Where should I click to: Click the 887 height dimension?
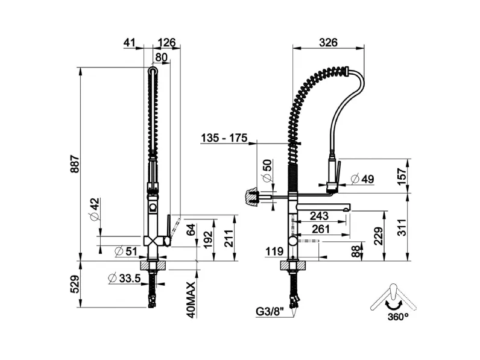(x=75, y=164)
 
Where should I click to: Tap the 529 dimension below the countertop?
(x=75, y=285)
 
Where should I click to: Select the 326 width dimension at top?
(x=328, y=43)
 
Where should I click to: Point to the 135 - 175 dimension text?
(x=224, y=138)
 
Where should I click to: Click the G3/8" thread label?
(x=270, y=312)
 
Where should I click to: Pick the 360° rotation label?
(x=398, y=317)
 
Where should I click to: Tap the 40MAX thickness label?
(x=191, y=300)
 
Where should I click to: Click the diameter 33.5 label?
(x=124, y=278)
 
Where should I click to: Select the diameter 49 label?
(x=363, y=178)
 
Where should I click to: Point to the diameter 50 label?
(x=267, y=171)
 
